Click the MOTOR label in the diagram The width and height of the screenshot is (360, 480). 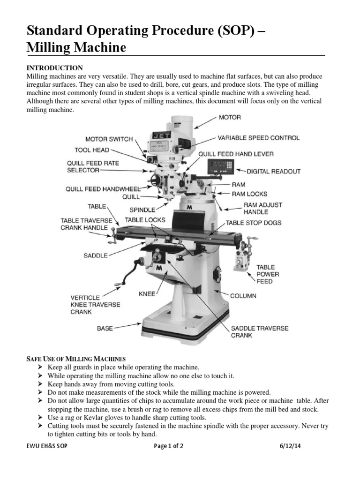point(229,117)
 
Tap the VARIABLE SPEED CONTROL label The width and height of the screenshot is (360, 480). point(258,138)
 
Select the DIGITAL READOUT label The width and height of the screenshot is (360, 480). point(274,172)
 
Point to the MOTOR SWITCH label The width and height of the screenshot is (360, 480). point(109,139)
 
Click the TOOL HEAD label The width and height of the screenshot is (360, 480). point(92,150)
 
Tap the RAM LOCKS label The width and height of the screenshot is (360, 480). point(249,193)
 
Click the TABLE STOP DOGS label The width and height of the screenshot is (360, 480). point(254,223)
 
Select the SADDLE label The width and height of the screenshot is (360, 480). point(96,255)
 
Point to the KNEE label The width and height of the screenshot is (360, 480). point(147,294)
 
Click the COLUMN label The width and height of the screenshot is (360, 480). point(243,296)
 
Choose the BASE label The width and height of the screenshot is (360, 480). point(105,328)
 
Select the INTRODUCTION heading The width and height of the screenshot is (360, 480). point(54,68)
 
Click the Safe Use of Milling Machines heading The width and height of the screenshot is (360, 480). point(75,359)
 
